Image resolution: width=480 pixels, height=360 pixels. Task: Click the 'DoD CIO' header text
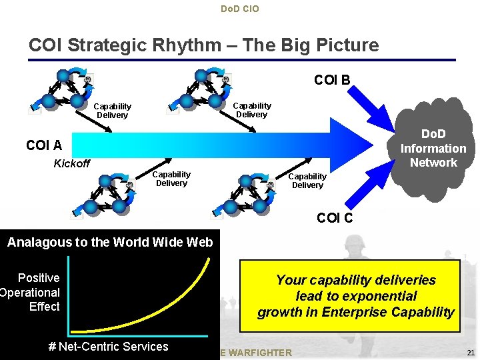239,9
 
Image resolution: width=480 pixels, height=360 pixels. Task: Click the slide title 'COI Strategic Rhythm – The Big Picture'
203,45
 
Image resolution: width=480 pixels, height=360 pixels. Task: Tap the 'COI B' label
332,81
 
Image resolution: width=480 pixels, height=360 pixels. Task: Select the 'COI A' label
44,145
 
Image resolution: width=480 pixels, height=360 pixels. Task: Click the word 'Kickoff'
71,164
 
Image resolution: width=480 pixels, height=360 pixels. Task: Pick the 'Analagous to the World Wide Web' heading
110,242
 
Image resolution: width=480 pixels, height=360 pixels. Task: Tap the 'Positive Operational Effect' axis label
33,292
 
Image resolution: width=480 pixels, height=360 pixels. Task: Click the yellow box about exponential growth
355,296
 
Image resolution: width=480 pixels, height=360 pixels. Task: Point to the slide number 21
471,352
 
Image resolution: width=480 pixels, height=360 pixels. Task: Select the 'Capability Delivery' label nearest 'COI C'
307,181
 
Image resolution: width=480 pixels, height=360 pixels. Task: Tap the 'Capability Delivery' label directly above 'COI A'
112,111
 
